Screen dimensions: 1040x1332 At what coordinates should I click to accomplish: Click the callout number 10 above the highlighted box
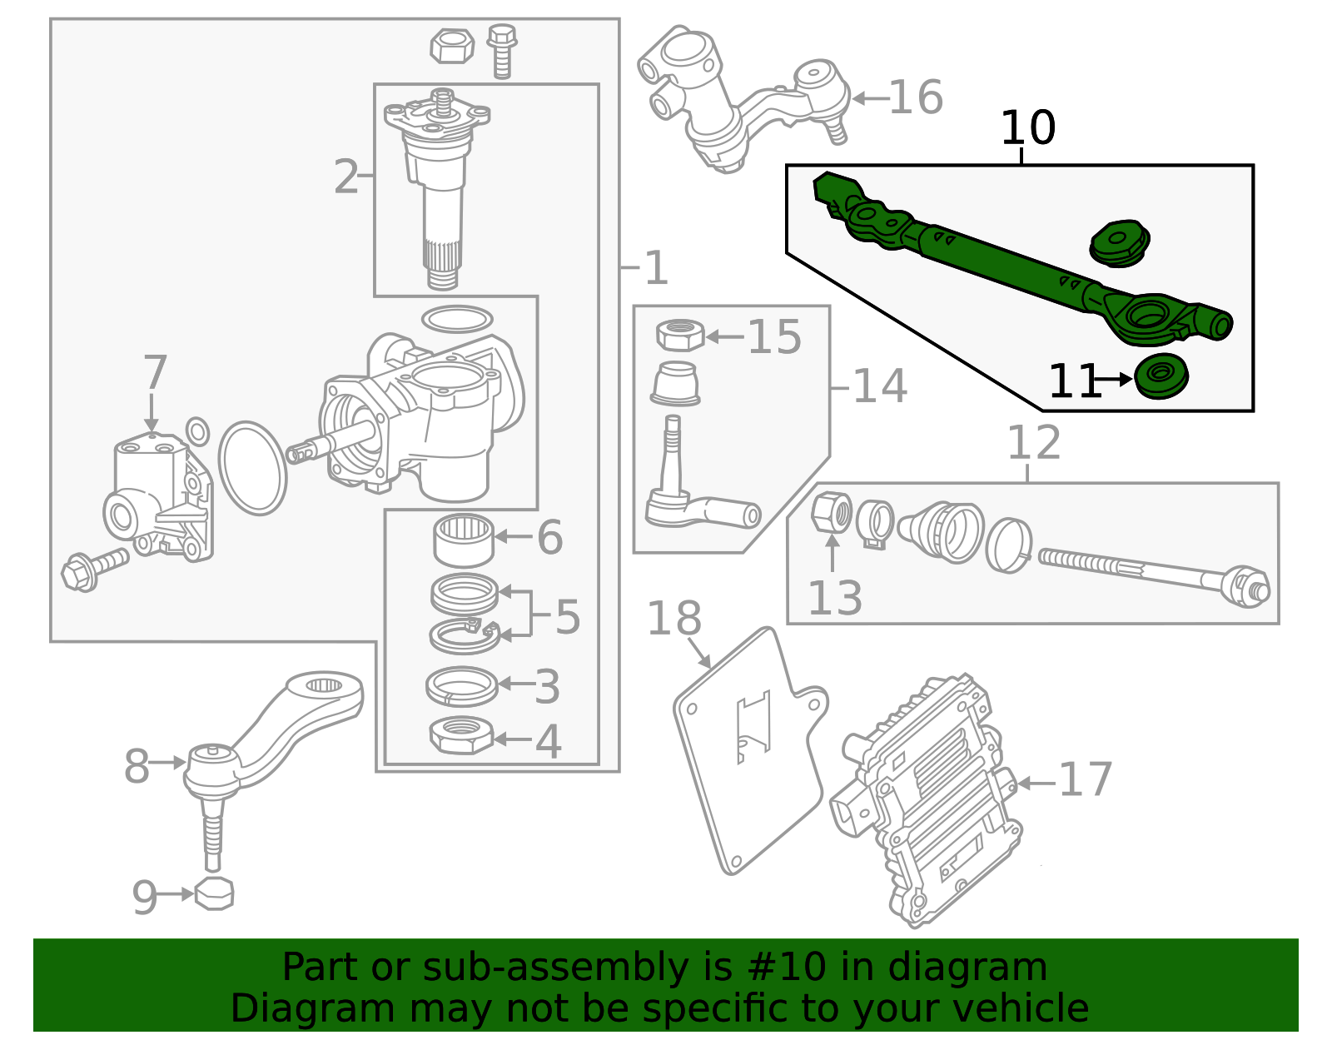1027,128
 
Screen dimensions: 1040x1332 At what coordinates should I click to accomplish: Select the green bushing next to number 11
1161,376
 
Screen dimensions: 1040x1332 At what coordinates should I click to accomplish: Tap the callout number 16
916,97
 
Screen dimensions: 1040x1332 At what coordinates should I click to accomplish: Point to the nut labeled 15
680,335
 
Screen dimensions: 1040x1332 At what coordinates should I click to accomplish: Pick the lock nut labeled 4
461,735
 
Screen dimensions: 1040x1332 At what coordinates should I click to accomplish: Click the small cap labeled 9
214,893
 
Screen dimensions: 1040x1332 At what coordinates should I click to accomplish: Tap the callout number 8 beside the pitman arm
137,766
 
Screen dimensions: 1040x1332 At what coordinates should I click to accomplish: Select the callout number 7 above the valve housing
156,372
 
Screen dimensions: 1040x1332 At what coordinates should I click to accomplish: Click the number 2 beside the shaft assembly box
345,177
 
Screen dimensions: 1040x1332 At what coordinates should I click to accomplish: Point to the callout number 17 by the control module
1085,780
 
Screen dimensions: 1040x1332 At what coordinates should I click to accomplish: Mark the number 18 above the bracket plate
673,619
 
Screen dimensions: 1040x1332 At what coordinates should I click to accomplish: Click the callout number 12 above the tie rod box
1034,442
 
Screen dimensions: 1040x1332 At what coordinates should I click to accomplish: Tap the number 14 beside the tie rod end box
879,386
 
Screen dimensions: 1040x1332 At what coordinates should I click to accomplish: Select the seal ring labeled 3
461,686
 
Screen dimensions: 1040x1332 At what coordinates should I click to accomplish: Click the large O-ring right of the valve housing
252,468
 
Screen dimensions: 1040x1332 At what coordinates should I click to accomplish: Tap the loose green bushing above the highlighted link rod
1120,242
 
